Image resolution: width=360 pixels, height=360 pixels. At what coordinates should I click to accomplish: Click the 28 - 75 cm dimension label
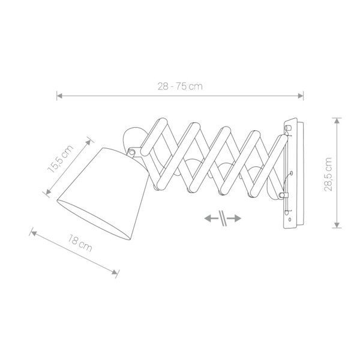[x=180, y=86]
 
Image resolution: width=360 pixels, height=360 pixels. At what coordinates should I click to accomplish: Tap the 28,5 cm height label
[x=328, y=174]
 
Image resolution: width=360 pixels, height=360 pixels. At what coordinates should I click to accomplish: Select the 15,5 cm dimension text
[x=61, y=158]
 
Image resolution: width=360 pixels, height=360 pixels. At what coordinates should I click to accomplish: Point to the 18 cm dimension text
[x=80, y=244]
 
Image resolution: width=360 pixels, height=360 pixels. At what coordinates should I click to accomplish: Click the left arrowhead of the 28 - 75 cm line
[x=59, y=96]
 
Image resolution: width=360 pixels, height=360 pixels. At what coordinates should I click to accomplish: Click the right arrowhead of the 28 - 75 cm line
[x=301, y=96]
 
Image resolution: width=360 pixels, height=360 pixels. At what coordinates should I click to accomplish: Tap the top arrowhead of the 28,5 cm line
[x=337, y=121]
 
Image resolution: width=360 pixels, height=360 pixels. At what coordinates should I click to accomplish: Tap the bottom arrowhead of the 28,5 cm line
[x=337, y=225]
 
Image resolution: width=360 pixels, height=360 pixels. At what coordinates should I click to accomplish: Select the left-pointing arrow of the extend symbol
[x=211, y=218]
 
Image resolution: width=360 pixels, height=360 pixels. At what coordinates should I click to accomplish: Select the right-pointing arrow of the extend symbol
[x=235, y=218]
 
